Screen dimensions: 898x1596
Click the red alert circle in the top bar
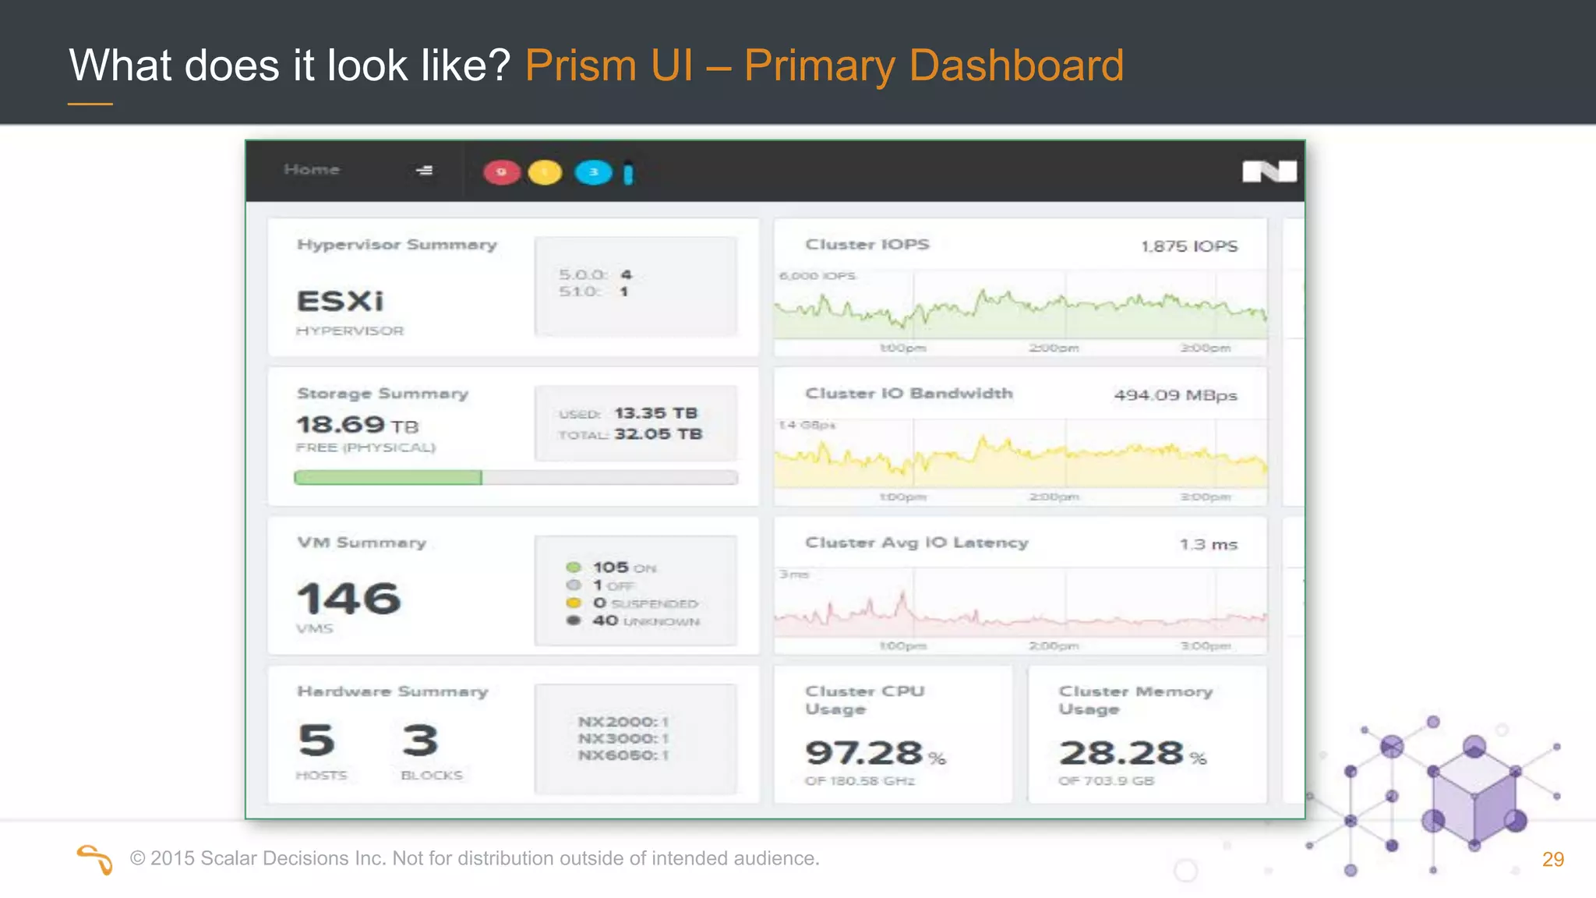click(502, 172)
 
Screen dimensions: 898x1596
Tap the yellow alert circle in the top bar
click(545, 172)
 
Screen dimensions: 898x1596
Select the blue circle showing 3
click(593, 172)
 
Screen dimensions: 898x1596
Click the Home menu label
click(312, 170)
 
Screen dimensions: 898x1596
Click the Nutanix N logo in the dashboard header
click(1269, 171)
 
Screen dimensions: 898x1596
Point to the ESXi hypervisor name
click(341, 301)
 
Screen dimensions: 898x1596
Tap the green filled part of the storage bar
click(387, 477)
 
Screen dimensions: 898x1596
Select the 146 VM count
click(349, 599)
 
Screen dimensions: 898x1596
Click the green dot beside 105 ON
click(574, 567)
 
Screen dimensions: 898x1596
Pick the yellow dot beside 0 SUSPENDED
click(574, 603)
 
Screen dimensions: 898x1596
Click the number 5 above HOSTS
click(316, 740)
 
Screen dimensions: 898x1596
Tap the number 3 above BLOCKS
click(421, 740)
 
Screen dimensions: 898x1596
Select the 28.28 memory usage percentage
click(1121, 753)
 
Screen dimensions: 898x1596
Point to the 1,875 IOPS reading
click(1189, 246)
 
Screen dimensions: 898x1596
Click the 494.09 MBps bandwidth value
click(1175, 395)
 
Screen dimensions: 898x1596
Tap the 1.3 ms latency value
click(1208, 544)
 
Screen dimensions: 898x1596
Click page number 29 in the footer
click(1552, 859)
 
